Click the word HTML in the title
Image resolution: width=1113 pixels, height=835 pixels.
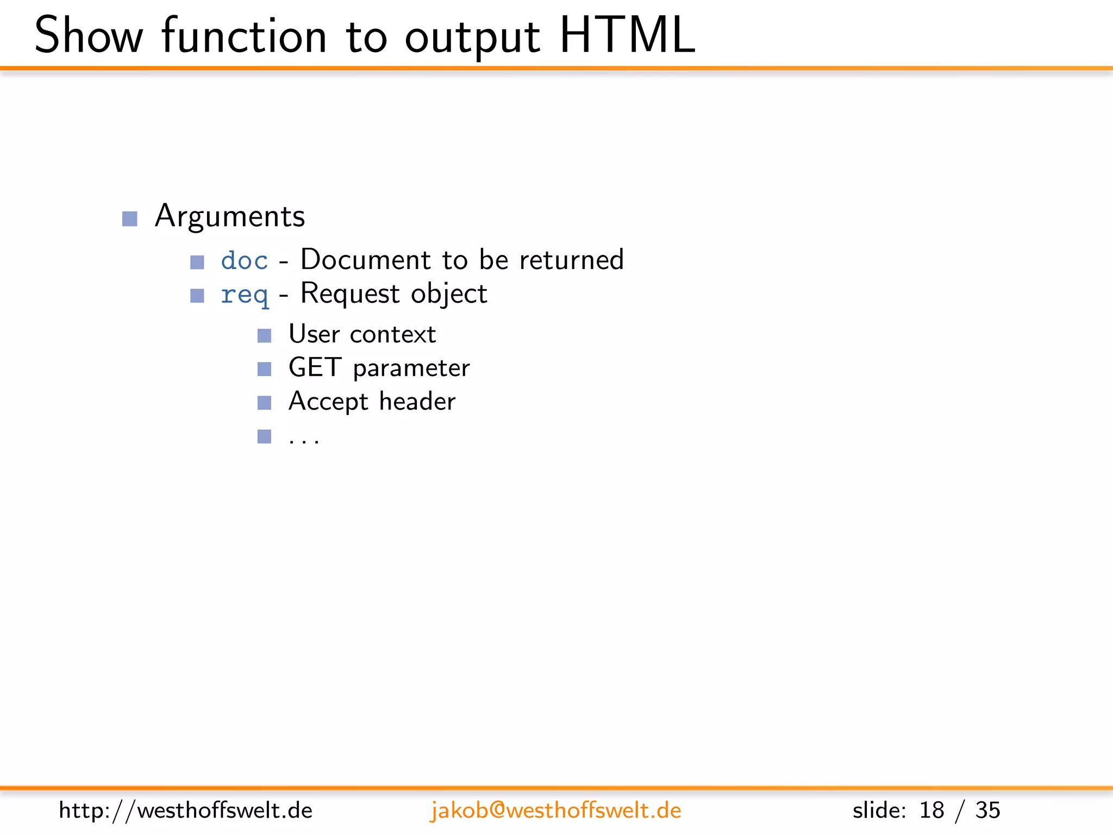[x=627, y=36]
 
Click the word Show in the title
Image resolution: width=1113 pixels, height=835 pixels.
[x=88, y=36]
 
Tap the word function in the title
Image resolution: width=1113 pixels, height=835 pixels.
[x=244, y=36]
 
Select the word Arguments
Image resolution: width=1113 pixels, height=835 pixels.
[x=230, y=216]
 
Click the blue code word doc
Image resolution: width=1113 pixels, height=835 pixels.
[x=244, y=260]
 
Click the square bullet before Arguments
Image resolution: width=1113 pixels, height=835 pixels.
[x=129, y=219]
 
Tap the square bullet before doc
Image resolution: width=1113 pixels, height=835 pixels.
[x=197, y=263]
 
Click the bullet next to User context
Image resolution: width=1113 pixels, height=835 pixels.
[x=264, y=335]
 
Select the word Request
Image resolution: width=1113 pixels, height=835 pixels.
[x=350, y=294]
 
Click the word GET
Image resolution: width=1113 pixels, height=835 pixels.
[x=315, y=367]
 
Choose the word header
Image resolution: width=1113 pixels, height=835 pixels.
[x=417, y=401]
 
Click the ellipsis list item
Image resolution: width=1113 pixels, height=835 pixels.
[x=304, y=438]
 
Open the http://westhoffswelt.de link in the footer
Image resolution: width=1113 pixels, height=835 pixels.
[x=185, y=811]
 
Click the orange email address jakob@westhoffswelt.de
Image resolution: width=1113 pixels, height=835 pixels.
[x=555, y=811]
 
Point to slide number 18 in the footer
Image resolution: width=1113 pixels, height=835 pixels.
[x=931, y=811]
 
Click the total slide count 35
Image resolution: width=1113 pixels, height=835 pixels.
[x=987, y=811]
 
